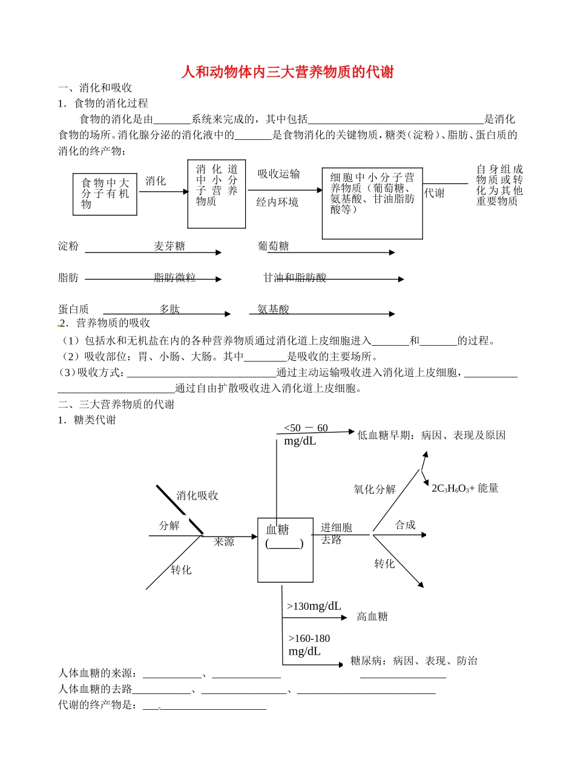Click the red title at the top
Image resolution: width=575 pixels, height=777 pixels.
287,73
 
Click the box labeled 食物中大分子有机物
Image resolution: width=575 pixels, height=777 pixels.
105,194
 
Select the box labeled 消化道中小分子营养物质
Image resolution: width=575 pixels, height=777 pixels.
217,194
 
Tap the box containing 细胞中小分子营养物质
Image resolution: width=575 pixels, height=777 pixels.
372,203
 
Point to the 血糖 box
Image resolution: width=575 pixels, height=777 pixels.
286,549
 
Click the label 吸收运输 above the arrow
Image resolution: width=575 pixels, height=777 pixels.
278,174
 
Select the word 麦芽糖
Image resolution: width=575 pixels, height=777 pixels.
169,246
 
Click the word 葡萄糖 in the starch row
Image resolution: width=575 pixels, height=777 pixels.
273,246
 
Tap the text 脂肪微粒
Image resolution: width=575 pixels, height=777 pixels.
174,278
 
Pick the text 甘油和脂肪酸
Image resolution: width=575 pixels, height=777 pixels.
295,278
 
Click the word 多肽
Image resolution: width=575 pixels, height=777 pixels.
169,309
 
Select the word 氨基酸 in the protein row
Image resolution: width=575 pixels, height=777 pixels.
273,309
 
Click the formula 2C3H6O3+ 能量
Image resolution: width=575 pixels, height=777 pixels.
465,488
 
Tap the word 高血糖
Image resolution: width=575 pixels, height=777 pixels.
372,617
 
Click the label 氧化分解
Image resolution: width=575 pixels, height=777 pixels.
375,489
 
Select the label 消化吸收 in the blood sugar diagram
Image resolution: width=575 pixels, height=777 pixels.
197,496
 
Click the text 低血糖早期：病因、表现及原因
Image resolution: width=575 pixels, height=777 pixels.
431,435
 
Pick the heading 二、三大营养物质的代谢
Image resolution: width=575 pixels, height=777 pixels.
116,405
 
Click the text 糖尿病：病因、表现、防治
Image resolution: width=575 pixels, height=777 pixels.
413,661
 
